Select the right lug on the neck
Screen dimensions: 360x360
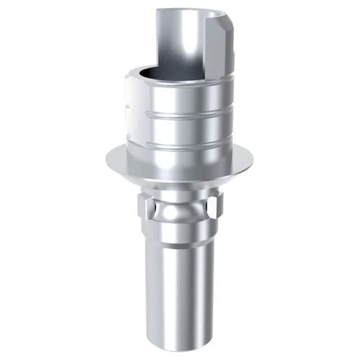coord(214,210)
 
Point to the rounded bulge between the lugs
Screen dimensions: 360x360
coord(180,212)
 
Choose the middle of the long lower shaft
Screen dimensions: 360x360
coord(180,288)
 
